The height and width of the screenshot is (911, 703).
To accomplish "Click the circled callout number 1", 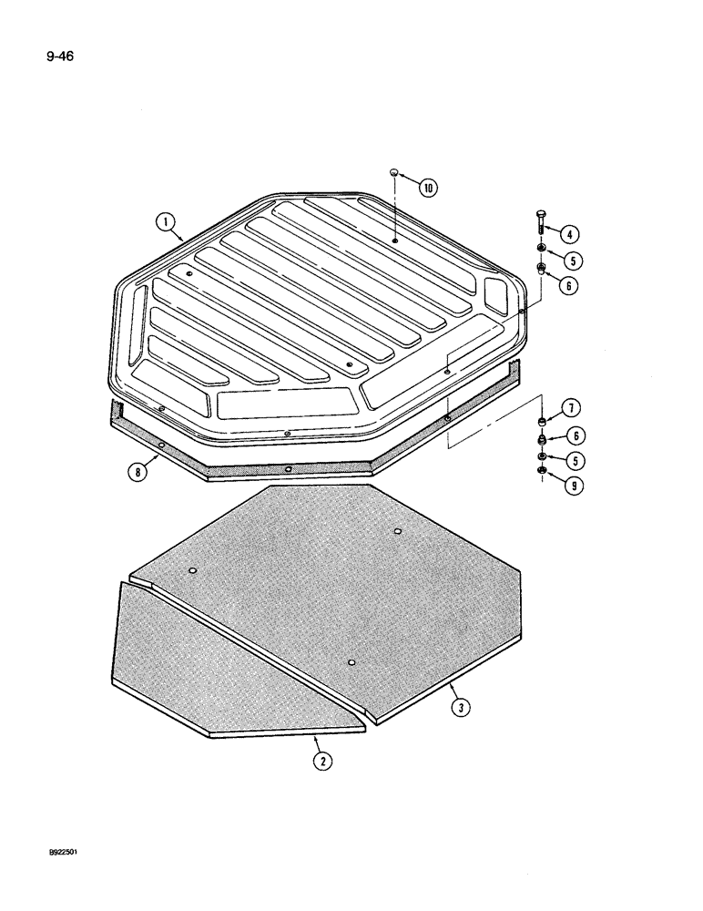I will tap(166, 220).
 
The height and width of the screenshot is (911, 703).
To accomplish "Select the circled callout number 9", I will tap(574, 486).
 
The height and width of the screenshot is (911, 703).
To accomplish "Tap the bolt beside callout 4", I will tap(541, 224).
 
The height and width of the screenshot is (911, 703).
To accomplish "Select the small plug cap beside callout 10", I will tap(394, 172).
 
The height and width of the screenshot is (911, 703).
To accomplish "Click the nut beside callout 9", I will tap(541, 471).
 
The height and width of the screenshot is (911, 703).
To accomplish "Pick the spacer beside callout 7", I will tap(542, 420).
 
